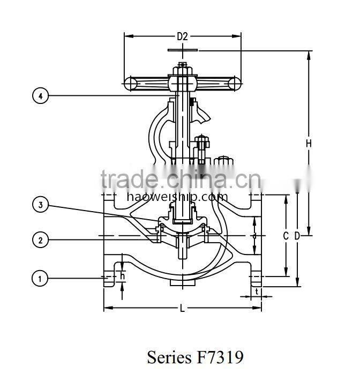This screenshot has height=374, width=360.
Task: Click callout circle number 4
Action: pos(41,96)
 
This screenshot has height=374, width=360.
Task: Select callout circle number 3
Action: pos(41,204)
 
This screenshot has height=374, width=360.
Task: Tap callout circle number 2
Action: pos(41,240)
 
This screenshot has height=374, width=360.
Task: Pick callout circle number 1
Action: pos(41,278)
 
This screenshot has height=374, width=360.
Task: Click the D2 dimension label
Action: pos(183,37)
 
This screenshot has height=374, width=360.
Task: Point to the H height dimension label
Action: pos(309,143)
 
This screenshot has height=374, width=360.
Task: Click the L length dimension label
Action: pos(183,308)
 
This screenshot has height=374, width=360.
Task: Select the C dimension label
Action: pos(286,236)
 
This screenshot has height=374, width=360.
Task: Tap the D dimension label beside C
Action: pos(296,236)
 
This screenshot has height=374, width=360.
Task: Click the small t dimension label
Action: pos(257,292)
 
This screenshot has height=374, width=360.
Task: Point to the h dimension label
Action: pos(123,275)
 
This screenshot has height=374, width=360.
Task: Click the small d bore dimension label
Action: pos(254,236)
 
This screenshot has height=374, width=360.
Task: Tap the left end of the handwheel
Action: pos(130,83)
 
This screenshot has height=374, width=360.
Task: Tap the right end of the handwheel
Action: pos(234,83)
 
